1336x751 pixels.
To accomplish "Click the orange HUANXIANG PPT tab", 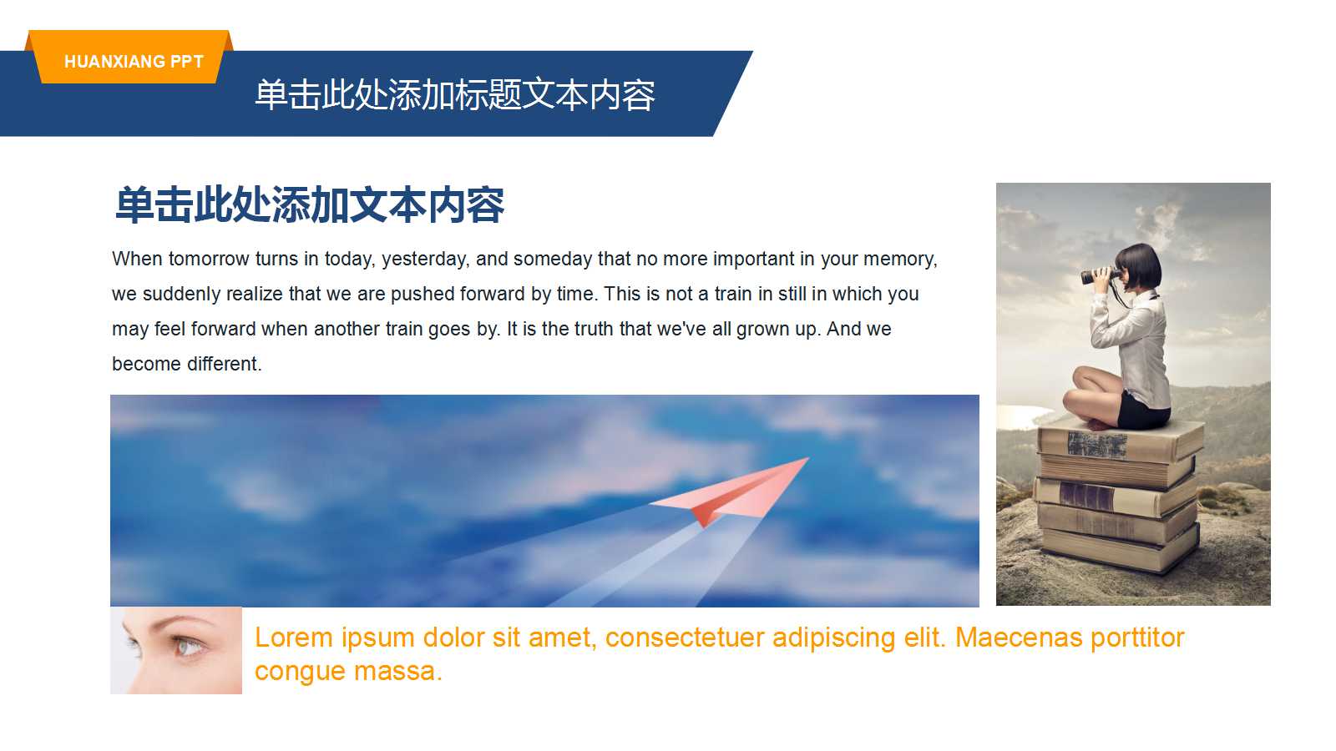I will pyautogui.click(x=134, y=61).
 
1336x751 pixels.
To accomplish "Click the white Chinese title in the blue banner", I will pyautogui.click(x=454, y=95).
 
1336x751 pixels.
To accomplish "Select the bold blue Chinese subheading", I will pyautogui.click(x=309, y=205).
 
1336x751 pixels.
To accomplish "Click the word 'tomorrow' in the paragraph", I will pyautogui.click(x=209, y=259).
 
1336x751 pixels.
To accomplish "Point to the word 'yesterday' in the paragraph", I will pyautogui.click(x=424, y=259).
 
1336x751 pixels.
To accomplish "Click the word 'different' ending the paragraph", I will pyautogui.click(x=223, y=364).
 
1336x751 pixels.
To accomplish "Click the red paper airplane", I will pyautogui.click(x=735, y=492).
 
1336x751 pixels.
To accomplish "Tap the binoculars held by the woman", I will pyautogui.click(x=1100, y=275).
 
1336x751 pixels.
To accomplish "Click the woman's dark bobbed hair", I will pyautogui.click(x=1141, y=263).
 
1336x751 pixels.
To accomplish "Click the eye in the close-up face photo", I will pyautogui.click(x=186, y=645).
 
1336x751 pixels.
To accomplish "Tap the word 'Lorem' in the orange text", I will pyautogui.click(x=293, y=638).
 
